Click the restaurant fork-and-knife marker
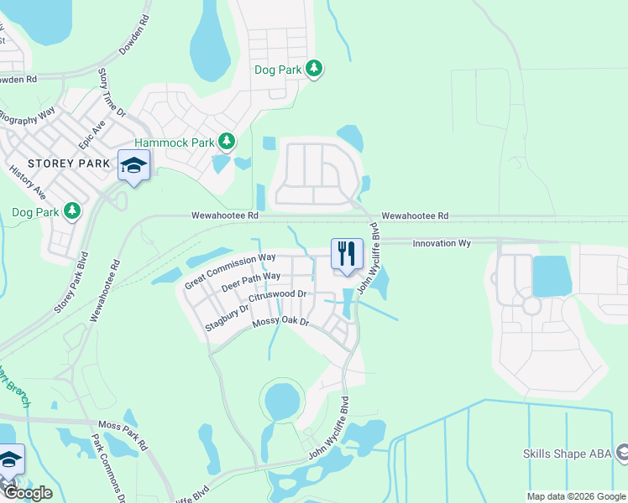click(347, 253)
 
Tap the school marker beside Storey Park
click(134, 164)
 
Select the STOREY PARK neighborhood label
click(69, 163)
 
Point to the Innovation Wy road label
click(440, 243)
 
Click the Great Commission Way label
click(230, 271)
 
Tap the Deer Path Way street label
click(250, 281)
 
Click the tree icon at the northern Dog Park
click(314, 68)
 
